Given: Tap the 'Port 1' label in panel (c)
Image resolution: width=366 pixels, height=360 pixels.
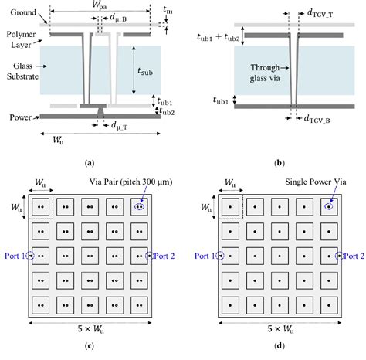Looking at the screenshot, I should pos(13,256).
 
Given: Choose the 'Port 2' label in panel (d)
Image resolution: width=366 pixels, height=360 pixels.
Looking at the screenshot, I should pos(351,256).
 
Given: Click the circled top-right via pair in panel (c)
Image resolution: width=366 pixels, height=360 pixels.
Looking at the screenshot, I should pos(139,207).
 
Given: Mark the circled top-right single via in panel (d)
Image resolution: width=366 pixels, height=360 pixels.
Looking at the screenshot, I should pos(328,207).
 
